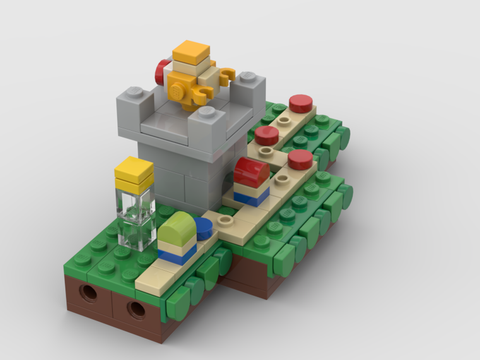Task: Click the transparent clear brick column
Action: pos(135,218)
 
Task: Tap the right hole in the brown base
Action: pos(137,310)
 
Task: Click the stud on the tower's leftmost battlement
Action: pos(135,92)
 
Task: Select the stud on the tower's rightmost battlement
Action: pos(247,77)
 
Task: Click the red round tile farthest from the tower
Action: pos(300,103)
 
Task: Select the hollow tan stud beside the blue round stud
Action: pos(224,221)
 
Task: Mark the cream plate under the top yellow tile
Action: pos(191,67)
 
